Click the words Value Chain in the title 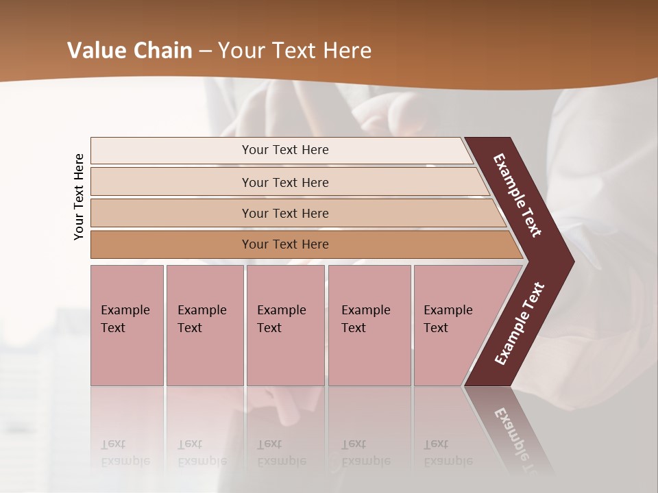click(130, 51)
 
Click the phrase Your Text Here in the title click(294, 51)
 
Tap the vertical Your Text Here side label click(80, 197)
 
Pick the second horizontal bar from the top click(285, 182)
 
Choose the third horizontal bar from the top click(285, 213)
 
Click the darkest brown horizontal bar click(285, 244)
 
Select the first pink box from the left click(127, 325)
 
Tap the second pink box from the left click(204, 325)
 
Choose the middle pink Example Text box click(285, 325)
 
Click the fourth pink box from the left click(369, 325)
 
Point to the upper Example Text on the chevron click(518, 196)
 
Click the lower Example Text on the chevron click(519, 324)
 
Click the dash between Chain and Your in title click(205, 51)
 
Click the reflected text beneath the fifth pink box click(447, 453)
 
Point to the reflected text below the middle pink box click(281, 453)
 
